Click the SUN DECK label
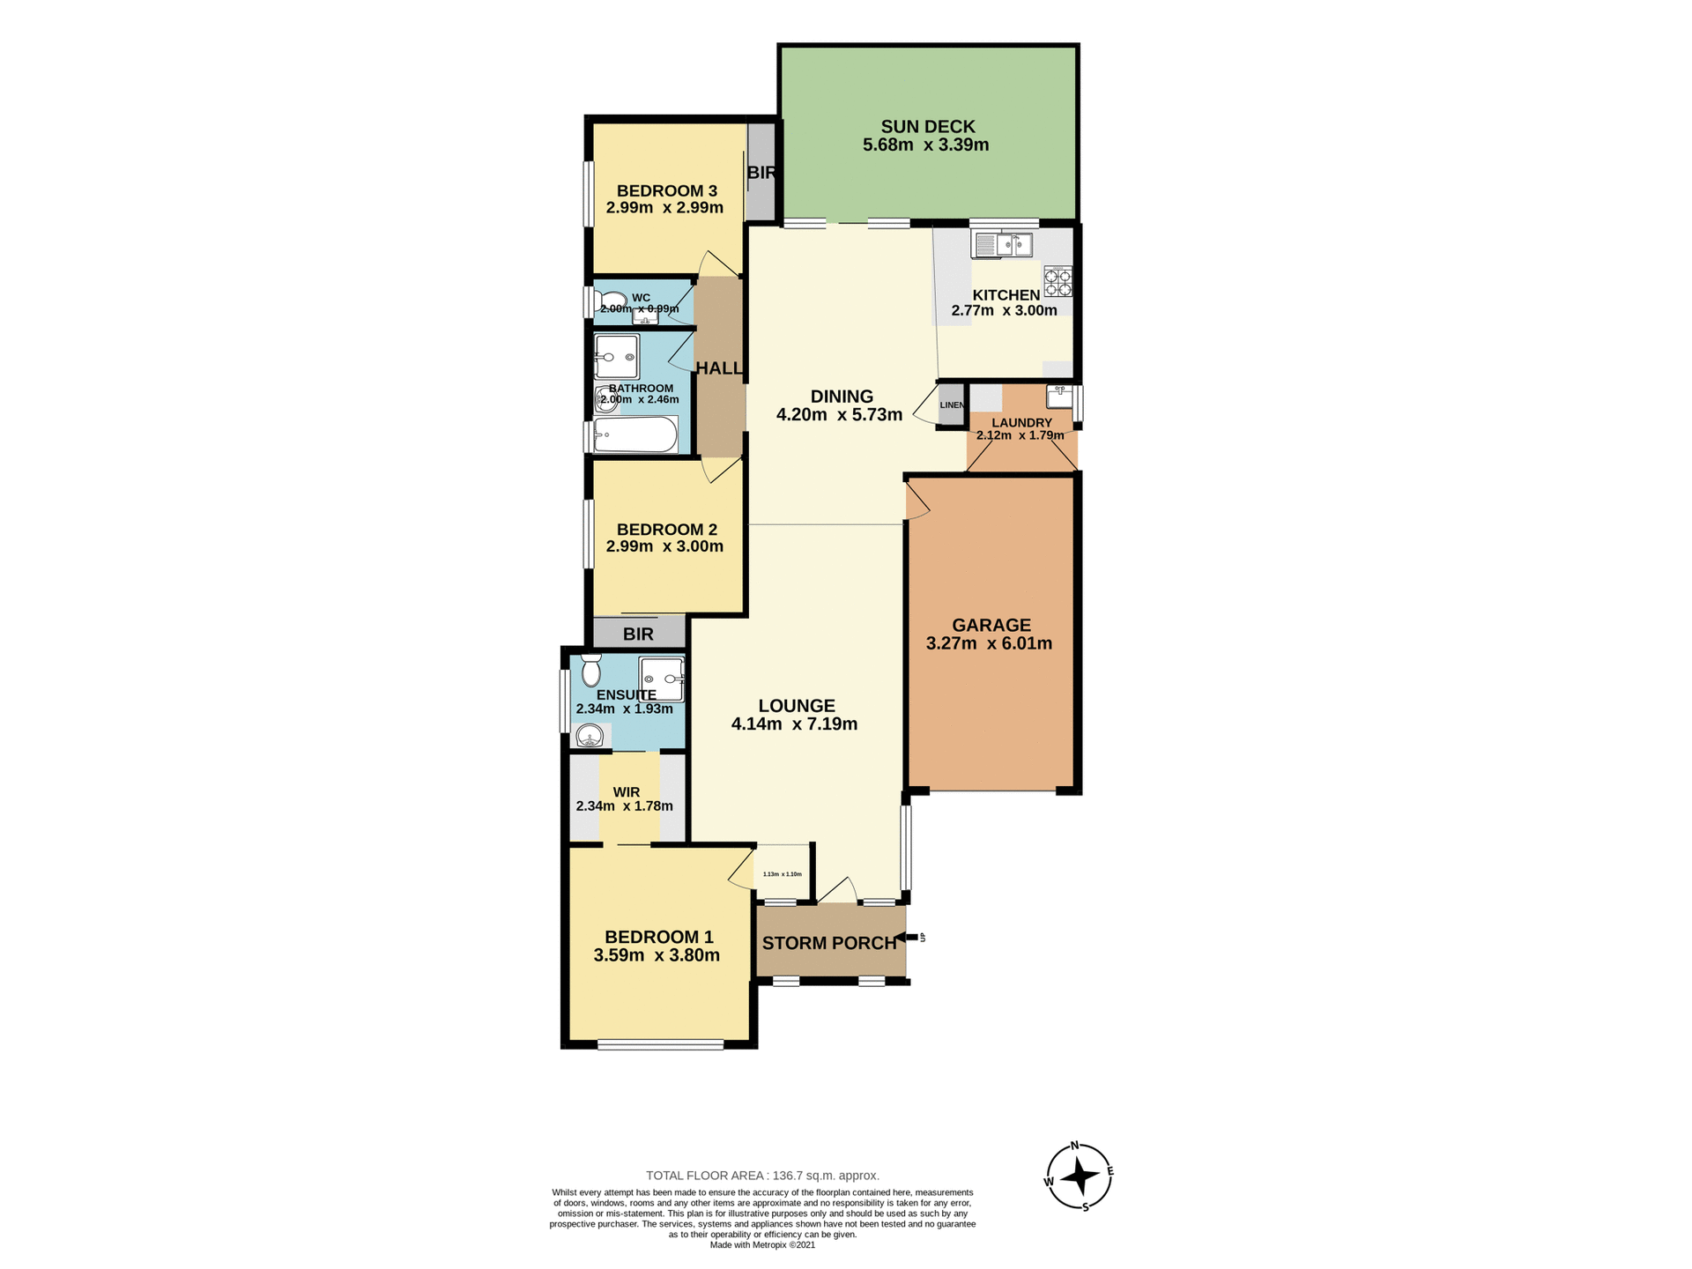point(927,127)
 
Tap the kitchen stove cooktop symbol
point(1057,282)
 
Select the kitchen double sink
point(1001,244)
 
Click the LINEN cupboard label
point(952,405)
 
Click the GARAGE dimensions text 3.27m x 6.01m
point(989,643)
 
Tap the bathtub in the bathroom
point(635,434)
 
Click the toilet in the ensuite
point(590,672)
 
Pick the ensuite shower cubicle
point(661,679)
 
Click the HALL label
point(719,368)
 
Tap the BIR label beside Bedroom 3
point(761,173)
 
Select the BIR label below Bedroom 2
point(638,634)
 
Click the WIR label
point(626,792)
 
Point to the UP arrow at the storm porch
point(911,937)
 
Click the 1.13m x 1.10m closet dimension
point(782,874)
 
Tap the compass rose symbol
point(1079,1176)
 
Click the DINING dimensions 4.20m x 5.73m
point(839,415)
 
